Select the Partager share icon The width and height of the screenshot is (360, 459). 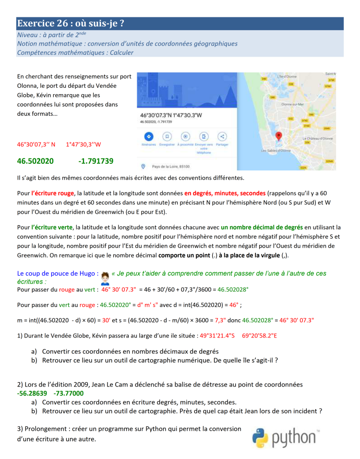[x=222, y=136]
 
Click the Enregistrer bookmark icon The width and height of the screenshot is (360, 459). [x=167, y=136]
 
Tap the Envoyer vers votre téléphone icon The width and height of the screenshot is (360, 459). [x=204, y=136]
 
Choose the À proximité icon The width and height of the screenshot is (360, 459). [x=185, y=136]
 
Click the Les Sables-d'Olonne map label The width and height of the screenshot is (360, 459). [x=276, y=151]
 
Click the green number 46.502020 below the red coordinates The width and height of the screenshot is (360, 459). [x=36, y=161]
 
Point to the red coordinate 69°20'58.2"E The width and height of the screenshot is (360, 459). [x=260, y=336]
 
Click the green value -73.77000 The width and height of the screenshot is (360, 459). [x=68, y=393]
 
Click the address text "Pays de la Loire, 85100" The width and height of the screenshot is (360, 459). [x=170, y=167]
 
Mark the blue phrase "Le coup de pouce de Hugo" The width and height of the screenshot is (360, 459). [x=58, y=274]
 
